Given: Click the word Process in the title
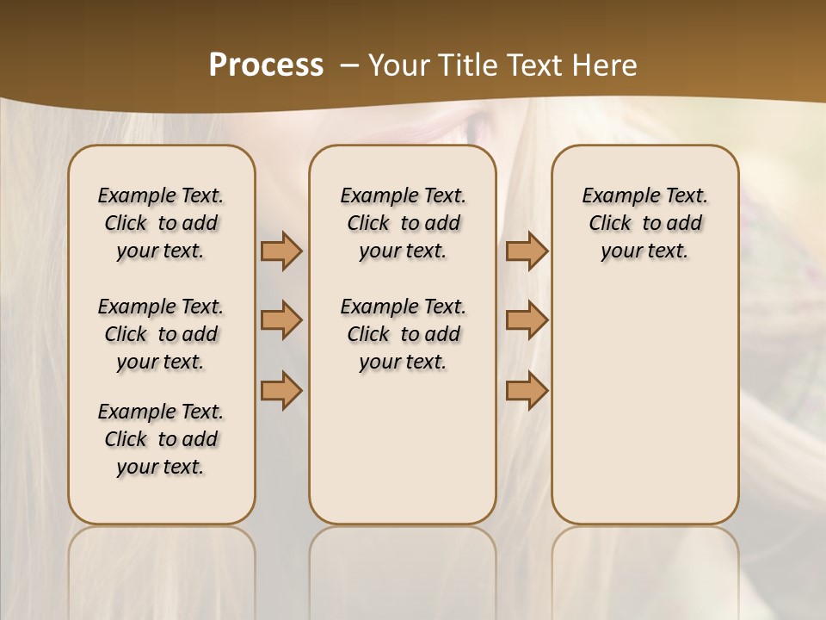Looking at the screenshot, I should pos(266,65).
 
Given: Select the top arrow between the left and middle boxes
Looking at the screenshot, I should pos(281,251).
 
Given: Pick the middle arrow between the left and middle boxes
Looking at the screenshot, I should pos(281,320).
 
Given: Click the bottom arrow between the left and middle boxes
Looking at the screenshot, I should pos(281,390).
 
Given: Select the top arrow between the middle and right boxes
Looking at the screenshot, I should pos(527,251).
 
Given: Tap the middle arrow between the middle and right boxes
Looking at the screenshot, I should pos(527,320).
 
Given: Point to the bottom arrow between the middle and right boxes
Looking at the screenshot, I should pos(527,390).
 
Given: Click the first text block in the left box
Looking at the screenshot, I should pos(161,223).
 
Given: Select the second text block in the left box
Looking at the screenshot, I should pos(161,334).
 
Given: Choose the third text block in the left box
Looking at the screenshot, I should pos(161,439).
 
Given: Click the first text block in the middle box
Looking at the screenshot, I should pos(403,223).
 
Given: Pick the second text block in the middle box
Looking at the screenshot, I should pos(403,334).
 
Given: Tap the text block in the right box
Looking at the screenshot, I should pos(645,223).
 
